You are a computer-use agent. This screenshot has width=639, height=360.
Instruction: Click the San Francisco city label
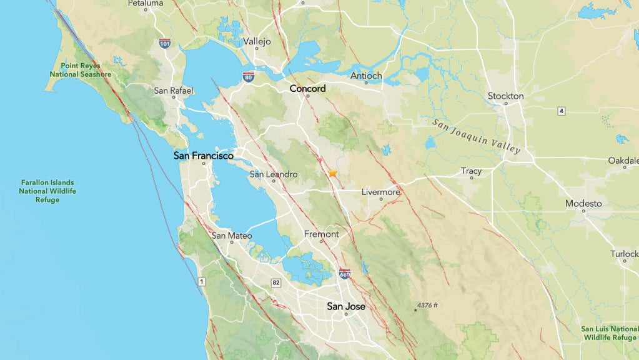tap(204, 156)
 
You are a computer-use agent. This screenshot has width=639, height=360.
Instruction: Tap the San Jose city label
tap(346, 306)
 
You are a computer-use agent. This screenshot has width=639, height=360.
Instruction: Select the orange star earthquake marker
tap(333, 173)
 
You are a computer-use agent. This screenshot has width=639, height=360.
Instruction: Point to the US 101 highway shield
tap(165, 43)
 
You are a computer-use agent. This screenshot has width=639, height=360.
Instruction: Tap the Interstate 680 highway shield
tap(344, 274)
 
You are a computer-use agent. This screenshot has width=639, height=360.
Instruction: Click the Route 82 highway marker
tap(276, 282)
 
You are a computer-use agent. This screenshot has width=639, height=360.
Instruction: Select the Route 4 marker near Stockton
tap(562, 111)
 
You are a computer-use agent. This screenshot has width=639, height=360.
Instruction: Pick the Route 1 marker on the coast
tap(201, 282)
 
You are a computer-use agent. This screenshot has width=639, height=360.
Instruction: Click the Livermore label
tap(381, 192)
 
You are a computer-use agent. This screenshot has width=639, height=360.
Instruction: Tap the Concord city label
tap(307, 89)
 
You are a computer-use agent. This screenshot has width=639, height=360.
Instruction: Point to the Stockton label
tap(505, 96)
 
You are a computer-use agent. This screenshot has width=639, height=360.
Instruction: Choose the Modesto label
tap(583, 203)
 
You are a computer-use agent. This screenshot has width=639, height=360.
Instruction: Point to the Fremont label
tap(321, 234)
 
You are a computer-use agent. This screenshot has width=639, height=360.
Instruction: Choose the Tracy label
tap(471, 171)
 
